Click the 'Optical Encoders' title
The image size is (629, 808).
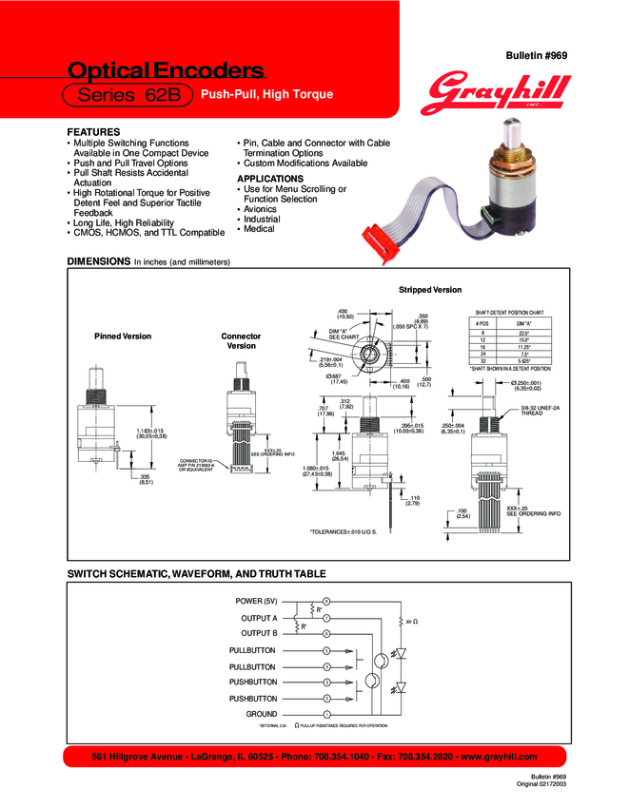click(x=165, y=70)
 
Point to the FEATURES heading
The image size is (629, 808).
click(x=93, y=131)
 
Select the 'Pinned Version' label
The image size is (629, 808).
click(x=122, y=337)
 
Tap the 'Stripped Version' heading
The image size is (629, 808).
click(x=430, y=289)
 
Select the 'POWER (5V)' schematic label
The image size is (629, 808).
click(x=256, y=602)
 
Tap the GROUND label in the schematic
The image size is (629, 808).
click(x=262, y=714)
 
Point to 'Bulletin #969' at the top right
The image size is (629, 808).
click(x=539, y=57)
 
